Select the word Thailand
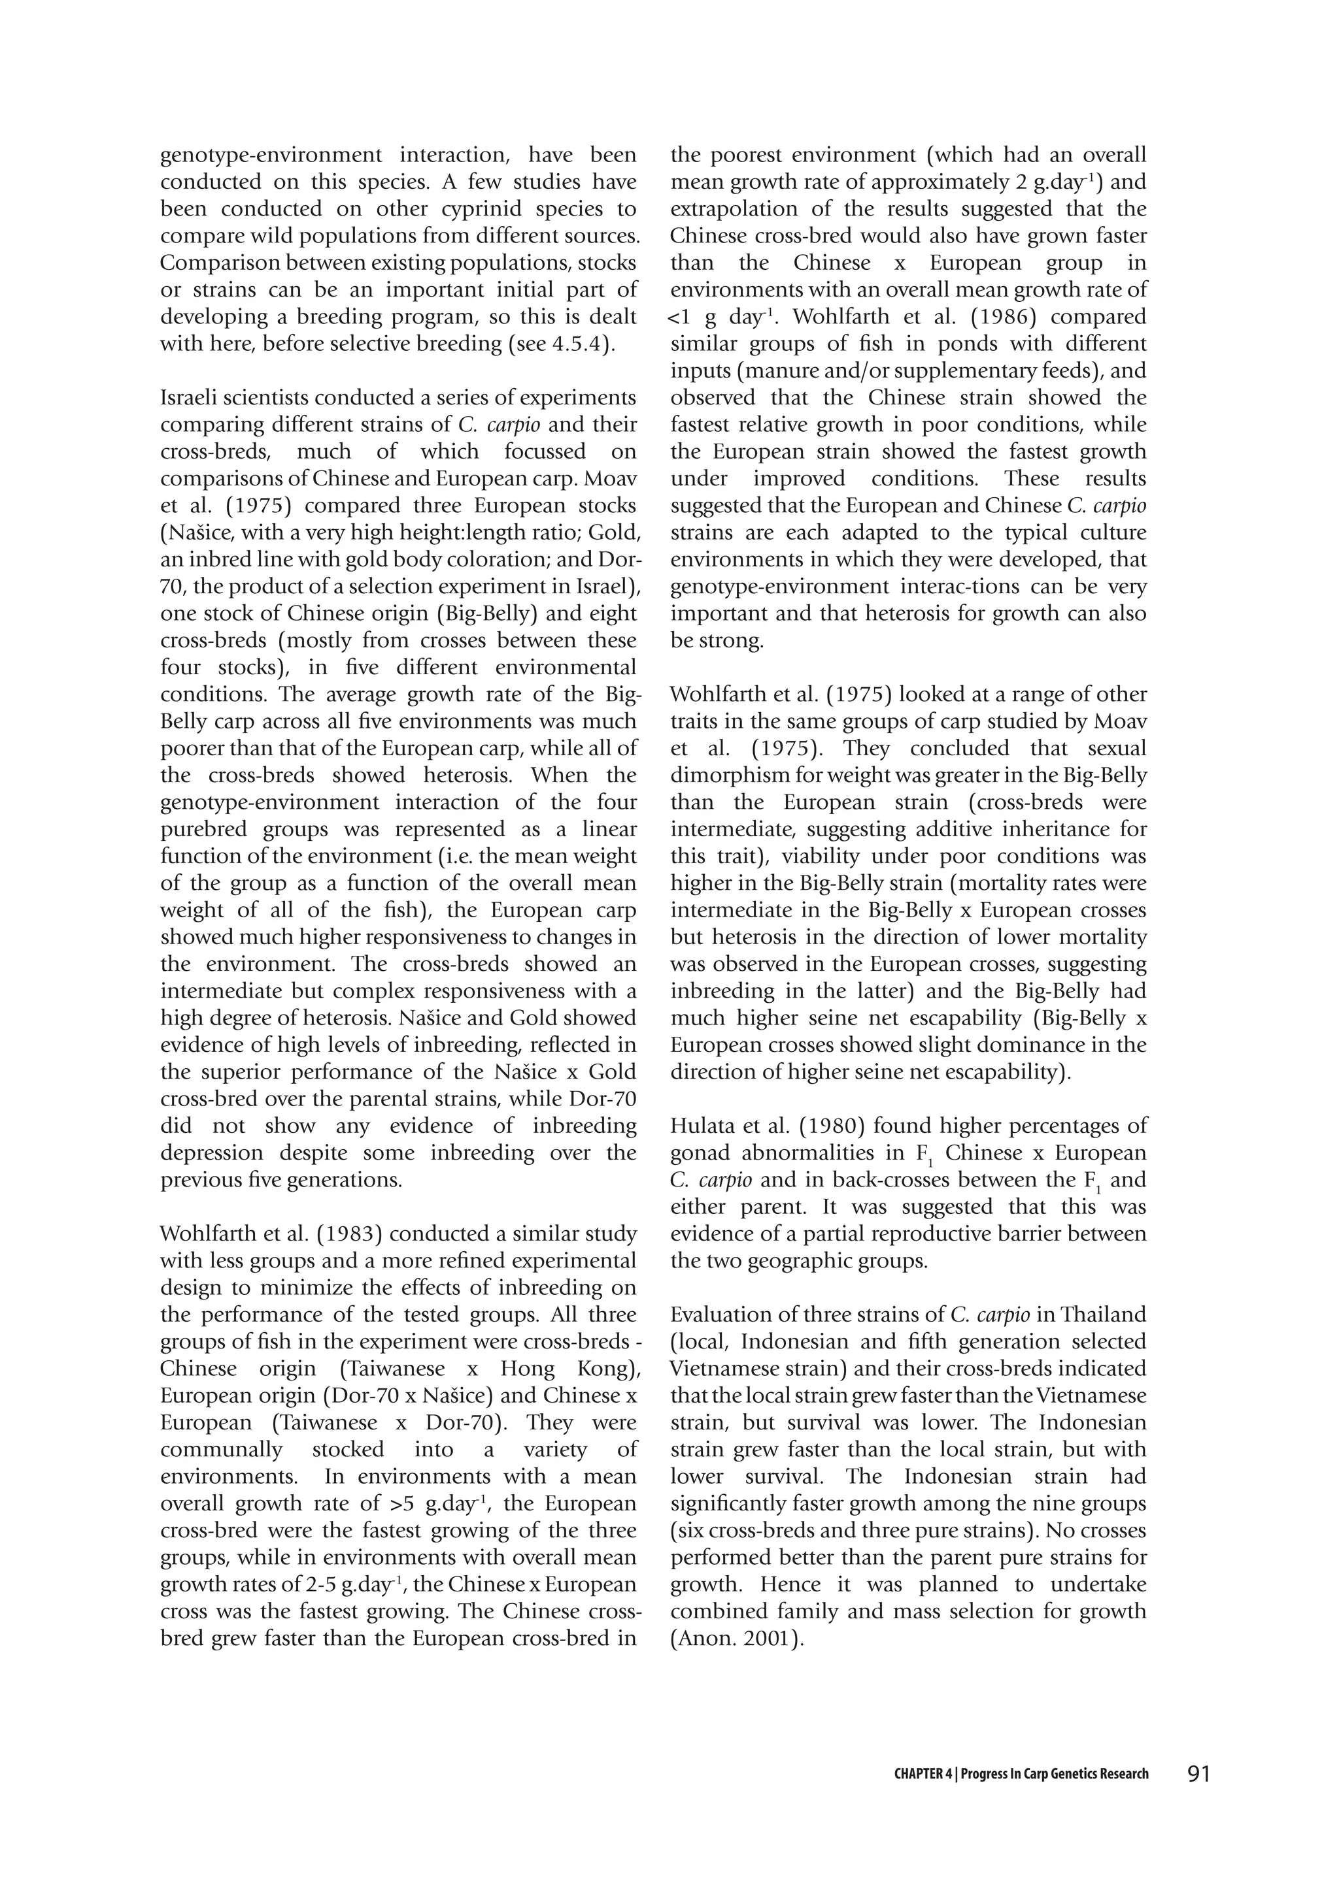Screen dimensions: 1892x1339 (1103, 1314)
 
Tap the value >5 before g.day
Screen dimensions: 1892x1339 (402, 1504)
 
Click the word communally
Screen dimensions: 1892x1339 (221, 1450)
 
